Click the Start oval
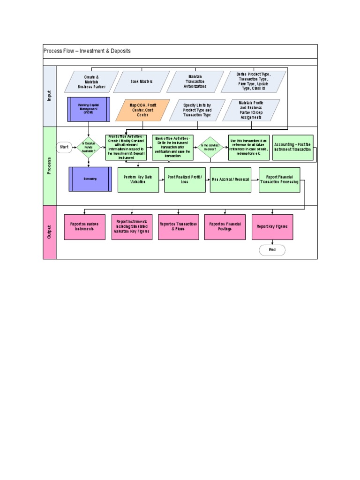[64, 147]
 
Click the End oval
[272, 250]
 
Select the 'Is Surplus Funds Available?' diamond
[89, 147]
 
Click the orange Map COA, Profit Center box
[142, 110]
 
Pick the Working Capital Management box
[89, 109]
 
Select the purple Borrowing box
[90, 179]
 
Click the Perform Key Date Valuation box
[138, 180]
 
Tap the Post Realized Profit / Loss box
[185, 180]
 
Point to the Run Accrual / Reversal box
[231, 180]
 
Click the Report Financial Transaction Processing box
[279, 180]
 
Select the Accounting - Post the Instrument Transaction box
[292, 147]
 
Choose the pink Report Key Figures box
[272, 227]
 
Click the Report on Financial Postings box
[225, 227]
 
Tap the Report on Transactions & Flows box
[178, 227]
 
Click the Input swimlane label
[49, 96]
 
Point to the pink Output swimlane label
[49, 232]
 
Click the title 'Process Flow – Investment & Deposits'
[87, 51]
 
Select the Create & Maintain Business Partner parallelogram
[91, 81]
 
